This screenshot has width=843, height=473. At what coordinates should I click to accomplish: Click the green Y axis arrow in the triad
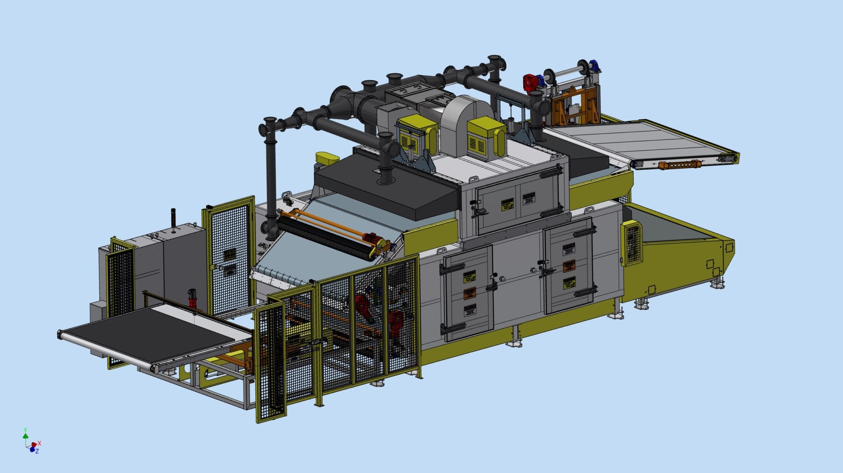click(26, 433)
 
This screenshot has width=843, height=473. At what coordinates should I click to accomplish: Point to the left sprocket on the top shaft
click(548, 75)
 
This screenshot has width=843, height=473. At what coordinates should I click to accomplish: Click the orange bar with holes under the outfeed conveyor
click(679, 165)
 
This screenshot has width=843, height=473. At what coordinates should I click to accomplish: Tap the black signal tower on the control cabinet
click(173, 218)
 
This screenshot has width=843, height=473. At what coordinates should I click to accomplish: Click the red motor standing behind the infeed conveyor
click(191, 297)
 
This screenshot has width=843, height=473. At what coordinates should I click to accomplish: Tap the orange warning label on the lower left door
click(470, 293)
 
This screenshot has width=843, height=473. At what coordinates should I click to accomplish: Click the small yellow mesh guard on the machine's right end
click(632, 242)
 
